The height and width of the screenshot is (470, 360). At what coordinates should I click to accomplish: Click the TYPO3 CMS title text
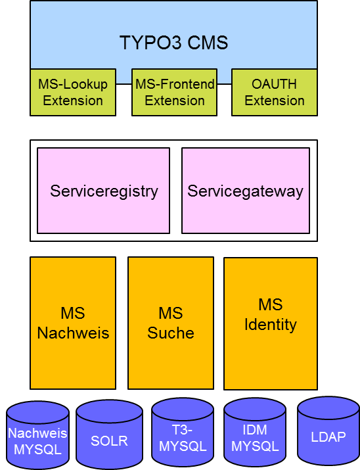173,43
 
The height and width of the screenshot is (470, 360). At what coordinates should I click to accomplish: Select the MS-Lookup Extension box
73,92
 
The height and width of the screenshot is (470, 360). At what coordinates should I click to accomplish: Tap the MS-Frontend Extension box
174,92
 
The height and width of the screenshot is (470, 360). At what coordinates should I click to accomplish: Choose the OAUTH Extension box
275,92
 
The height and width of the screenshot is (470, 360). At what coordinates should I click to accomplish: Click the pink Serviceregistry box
103,191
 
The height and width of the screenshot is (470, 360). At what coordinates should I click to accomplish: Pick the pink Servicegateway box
246,191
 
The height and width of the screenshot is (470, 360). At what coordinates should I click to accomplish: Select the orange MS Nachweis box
73,323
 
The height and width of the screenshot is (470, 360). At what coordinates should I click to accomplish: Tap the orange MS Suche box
171,323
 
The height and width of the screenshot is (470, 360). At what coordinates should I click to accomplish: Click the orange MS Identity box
271,323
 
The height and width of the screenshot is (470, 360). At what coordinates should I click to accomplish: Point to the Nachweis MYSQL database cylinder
37,435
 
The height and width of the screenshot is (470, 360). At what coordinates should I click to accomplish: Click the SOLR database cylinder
109,435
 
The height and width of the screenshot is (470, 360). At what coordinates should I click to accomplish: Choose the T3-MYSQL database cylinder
183,433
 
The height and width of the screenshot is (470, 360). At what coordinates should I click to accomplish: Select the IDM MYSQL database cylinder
255,433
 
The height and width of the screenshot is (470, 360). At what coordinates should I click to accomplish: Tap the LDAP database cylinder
328,432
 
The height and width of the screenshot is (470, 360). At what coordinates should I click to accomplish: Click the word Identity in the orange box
271,325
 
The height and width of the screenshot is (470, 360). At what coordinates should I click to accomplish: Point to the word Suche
171,333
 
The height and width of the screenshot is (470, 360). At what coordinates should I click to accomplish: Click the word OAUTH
274,84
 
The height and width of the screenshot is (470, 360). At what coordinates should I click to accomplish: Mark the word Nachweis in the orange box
73,333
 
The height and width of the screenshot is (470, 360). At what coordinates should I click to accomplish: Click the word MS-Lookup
73,85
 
